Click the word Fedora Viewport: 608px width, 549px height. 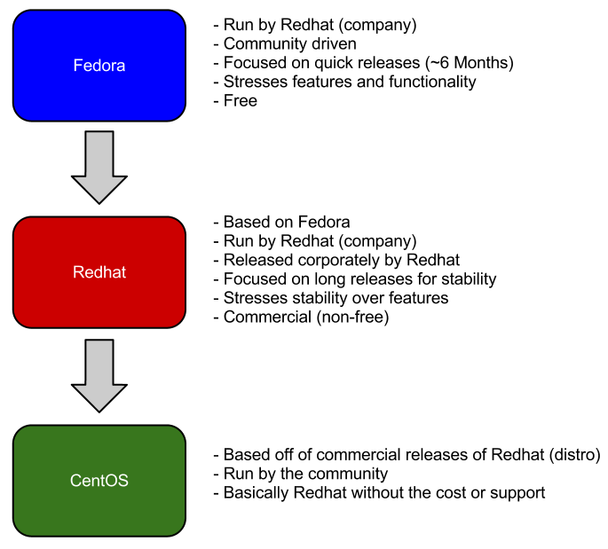(99, 66)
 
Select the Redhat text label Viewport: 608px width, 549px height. (99, 272)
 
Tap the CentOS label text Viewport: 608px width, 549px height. (99, 481)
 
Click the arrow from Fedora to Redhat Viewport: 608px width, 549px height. (99, 167)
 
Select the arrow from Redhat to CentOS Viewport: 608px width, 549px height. (99, 375)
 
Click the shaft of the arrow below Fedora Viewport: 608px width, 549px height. (99, 153)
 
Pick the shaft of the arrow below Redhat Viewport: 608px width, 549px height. (99, 362)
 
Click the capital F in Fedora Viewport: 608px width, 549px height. (78, 66)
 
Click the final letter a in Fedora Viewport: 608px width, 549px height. (121, 67)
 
